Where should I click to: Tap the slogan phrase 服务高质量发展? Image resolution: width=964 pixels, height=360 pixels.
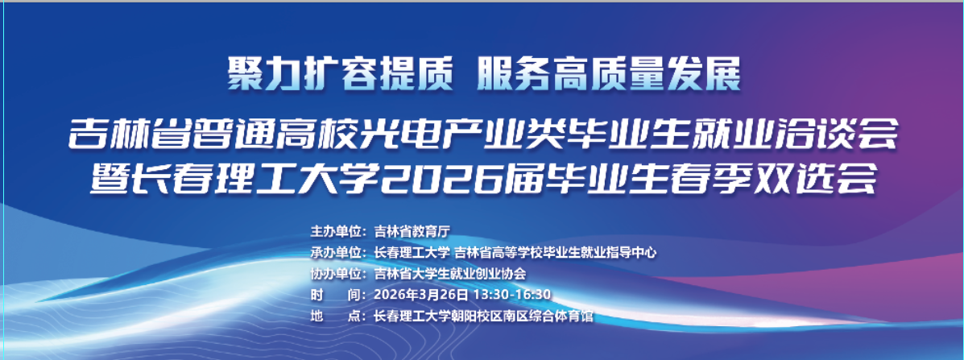point(607,77)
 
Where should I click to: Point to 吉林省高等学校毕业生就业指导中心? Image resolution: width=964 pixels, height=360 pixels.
point(555,252)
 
